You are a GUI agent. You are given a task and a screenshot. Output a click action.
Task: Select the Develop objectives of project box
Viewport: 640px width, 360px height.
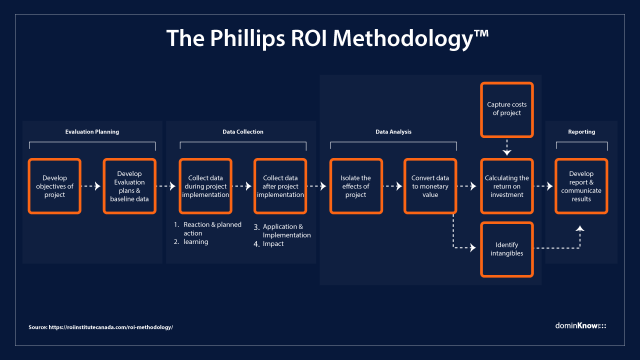tap(54, 186)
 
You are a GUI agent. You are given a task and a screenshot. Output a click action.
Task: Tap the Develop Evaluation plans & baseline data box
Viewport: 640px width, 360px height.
tap(129, 186)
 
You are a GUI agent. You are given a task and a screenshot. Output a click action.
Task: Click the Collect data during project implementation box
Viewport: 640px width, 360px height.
tap(205, 186)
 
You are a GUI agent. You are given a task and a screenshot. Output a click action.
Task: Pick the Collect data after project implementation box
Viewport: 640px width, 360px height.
tap(280, 186)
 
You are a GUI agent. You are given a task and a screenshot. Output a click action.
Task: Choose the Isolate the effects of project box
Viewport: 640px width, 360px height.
tap(356, 186)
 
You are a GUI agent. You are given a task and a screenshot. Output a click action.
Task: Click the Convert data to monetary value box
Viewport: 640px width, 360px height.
tap(430, 186)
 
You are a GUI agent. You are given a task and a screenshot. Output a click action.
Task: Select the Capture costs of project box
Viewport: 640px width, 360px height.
tap(506, 109)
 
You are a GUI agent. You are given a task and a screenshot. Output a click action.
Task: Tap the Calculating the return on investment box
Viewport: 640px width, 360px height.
tap(506, 186)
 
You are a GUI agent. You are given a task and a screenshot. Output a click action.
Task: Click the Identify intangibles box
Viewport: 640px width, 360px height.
tap(506, 249)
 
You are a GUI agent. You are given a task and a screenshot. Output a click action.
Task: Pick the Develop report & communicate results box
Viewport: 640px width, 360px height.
tap(581, 186)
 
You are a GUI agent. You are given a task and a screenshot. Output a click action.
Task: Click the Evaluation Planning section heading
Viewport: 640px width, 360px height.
tap(92, 132)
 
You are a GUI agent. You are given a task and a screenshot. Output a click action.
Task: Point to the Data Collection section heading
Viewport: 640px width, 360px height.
tap(242, 132)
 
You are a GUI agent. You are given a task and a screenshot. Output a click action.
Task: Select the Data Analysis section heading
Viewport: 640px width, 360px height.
tap(393, 132)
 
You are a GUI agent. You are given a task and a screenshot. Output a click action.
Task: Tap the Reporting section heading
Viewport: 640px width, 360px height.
tap(581, 132)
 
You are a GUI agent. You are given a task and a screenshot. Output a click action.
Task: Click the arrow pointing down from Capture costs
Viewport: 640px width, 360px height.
tap(506, 148)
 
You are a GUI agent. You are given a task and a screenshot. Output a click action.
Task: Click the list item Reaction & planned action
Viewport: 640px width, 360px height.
tap(212, 228)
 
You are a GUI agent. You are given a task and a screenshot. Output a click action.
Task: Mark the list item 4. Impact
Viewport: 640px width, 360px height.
tap(273, 244)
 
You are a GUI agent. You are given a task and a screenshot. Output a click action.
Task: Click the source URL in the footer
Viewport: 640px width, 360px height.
tap(110, 327)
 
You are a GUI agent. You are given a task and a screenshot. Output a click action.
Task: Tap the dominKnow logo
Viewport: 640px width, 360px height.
tap(580, 325)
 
